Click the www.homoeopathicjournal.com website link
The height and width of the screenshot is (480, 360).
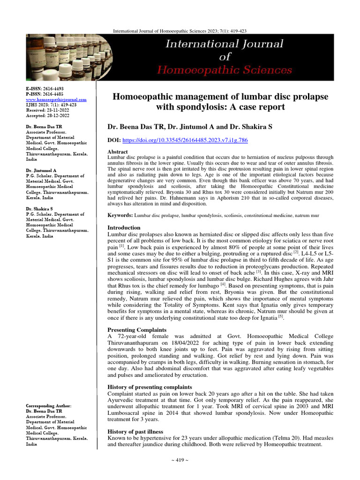56,100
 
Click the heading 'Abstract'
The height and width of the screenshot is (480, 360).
118,152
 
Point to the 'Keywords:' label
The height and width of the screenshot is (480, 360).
120,216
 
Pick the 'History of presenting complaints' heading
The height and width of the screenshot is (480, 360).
150,387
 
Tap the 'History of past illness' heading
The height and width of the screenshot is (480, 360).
135,431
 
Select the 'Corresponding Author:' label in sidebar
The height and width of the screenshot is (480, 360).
49,405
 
